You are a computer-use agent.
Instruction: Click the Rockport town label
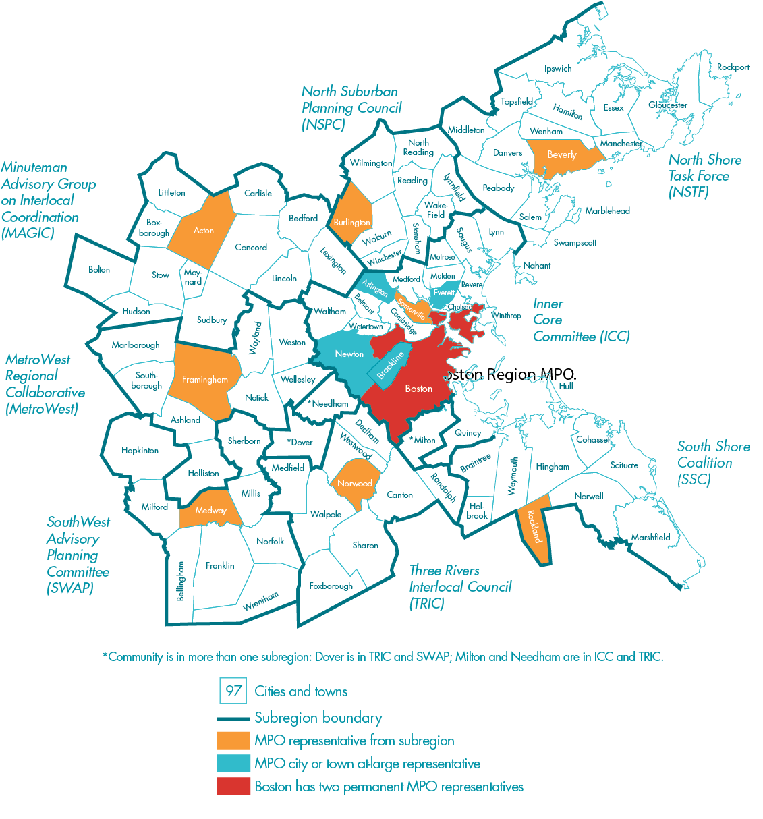coord(733,67)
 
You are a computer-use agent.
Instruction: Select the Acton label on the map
coord(204,231)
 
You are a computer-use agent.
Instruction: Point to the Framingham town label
coord(205,380)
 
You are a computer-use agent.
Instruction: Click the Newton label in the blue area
coord(349,354)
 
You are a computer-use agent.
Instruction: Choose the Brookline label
coord(391,365)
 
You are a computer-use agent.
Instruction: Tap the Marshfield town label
coord(650,538)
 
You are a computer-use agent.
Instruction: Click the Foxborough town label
coord(331,586)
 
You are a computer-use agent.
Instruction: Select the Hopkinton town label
coord(140,451)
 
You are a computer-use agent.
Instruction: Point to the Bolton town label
coord(99,270)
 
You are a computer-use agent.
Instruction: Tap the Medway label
coord(210,511)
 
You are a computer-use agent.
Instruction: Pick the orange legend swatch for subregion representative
coord(233,741)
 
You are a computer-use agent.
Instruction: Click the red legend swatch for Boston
coord(233,787)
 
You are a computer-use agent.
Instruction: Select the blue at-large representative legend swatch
coord(233,764)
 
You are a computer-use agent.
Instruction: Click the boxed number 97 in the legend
coord(233,691)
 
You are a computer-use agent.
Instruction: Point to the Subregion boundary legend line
coord(233,718)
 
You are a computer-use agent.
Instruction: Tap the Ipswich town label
coord(558,69)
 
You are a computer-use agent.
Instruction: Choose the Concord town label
coord(251,248)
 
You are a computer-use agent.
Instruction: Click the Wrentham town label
coord(260,600)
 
